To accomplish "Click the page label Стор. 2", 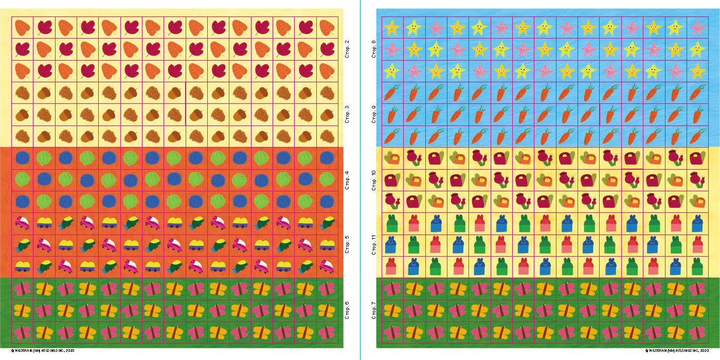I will click(347, 49).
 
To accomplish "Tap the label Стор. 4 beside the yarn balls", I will click(347, 180).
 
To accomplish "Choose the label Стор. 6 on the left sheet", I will click(347, 310).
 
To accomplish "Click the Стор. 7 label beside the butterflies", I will click(374, 310).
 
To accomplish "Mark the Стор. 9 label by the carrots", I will click(374, 114).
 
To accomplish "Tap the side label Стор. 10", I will click(374, 180).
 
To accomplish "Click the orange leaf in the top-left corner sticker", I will click(22, 27).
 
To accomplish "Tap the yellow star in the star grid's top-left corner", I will click(392, 27).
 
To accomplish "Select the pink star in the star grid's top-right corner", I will click(697, 27).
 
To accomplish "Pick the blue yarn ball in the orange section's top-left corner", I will click(22, 158).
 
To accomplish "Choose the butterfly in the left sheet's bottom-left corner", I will click(22, 333).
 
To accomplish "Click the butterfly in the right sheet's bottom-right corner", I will click(697, 333).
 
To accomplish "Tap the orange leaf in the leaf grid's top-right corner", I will click(327, 27).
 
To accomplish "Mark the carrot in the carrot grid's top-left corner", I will click(392, 93).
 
